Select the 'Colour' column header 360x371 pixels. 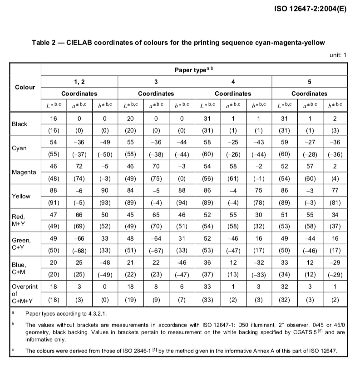(25, 87)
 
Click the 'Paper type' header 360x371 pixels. (194, 70)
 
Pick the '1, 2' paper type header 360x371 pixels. (79, 82)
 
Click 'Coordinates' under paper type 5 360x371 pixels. (309, 94)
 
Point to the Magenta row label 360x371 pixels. (23, 172)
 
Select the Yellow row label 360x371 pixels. (21, 196)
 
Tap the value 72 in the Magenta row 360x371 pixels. (79, 167)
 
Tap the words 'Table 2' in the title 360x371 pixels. (44, 43)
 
